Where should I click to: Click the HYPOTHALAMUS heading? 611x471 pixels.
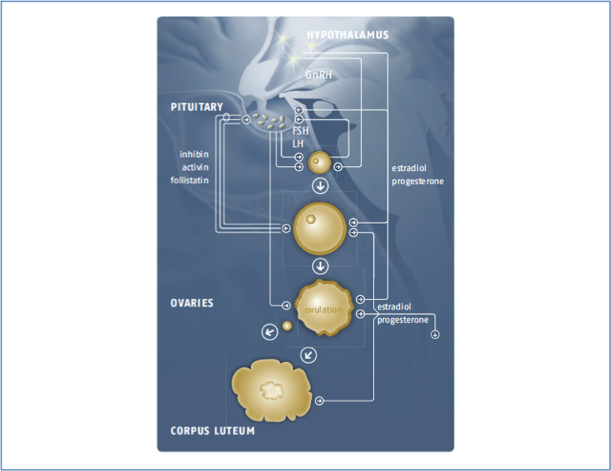348,35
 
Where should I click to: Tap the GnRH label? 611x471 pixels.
318,74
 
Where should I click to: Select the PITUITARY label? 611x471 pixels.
197,107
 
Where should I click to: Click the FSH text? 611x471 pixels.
300,130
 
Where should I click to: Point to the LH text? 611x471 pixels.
298,143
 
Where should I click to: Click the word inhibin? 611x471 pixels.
194,154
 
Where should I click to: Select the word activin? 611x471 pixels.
195,167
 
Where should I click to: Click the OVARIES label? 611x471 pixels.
192,303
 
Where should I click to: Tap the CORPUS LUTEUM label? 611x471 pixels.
212,431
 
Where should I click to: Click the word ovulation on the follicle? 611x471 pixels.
324,309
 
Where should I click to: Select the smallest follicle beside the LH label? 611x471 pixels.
319,163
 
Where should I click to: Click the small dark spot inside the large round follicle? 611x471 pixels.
311,219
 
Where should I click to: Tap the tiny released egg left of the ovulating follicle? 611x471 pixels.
287,325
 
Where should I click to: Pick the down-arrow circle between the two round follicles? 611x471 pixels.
320,186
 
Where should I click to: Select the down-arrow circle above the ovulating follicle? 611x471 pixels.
320,266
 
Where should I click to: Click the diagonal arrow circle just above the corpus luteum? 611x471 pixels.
309,354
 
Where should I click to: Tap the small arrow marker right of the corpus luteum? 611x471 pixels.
319,400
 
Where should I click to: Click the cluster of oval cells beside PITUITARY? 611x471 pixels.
269,122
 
